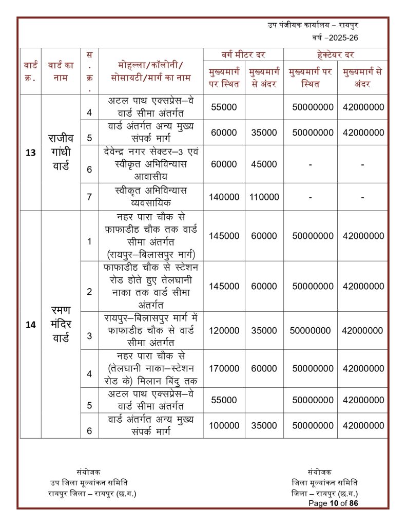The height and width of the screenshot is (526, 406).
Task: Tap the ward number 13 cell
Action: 30,153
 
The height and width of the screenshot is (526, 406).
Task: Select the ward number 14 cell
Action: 30,325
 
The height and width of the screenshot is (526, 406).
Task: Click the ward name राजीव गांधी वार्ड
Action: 61,153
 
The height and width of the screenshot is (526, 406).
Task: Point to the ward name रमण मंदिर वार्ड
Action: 61,325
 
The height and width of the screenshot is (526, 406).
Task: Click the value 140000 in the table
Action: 224,197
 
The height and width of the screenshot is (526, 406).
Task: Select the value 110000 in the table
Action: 264,197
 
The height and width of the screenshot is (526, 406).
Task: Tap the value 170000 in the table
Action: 224,368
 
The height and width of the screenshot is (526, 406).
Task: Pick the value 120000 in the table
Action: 224,331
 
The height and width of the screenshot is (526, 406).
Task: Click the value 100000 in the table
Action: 224,425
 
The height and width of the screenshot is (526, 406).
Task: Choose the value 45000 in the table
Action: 264,164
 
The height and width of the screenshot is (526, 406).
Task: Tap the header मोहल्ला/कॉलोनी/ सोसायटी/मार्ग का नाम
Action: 151,71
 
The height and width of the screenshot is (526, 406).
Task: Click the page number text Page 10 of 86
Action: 333,503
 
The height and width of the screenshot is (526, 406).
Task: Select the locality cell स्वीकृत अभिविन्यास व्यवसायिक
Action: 151,196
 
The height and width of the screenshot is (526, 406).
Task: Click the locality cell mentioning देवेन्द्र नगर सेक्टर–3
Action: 151,164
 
